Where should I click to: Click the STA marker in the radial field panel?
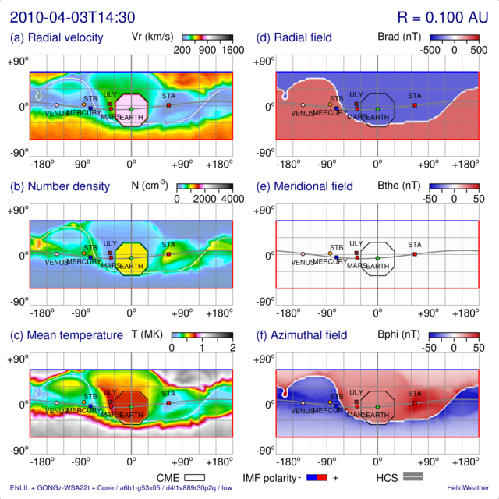pyautogui.click(x=415, y=104)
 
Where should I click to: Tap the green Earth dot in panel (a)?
pyautogui.click(x=131, y=108)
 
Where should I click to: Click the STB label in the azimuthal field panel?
pyautogui.click(x=336, y=396)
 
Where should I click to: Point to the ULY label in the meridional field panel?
pyautogui.click(x=356, y=244)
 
